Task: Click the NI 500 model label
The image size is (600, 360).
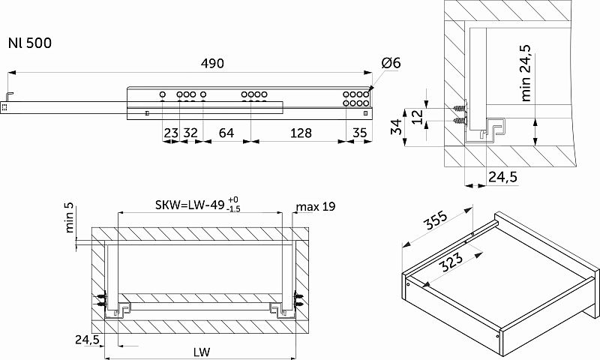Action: coord(30,43)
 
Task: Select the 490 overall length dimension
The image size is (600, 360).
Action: coord(212,63)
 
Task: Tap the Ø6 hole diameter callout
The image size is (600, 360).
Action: coord(391,63)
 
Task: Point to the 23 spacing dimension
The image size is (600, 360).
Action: coord(171,133)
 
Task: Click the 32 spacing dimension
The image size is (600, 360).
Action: coord(190,133)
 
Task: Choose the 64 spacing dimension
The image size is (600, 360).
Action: coord(226,133)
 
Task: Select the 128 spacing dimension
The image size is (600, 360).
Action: coord(301,133)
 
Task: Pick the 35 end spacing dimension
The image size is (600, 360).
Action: coord(360,133)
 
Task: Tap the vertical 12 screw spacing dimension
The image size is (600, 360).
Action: coord(418,116)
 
